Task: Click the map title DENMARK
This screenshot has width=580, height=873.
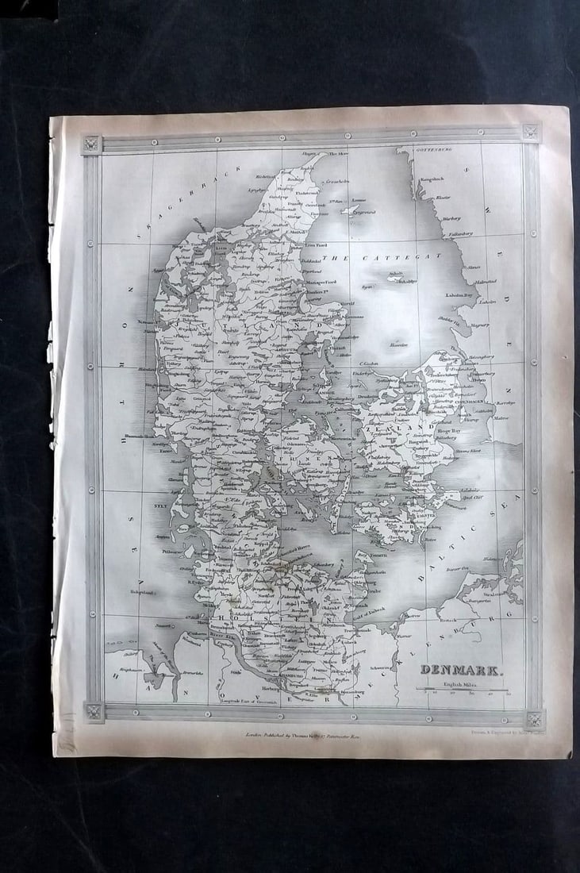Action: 460,669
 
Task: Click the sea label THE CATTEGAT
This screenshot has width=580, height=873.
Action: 380,257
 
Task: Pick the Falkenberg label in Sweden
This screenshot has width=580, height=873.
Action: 461,234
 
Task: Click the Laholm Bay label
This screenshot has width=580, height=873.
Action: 459,294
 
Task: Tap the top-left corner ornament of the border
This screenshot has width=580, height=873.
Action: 92,144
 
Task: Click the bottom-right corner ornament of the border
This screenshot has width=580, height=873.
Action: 534,720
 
